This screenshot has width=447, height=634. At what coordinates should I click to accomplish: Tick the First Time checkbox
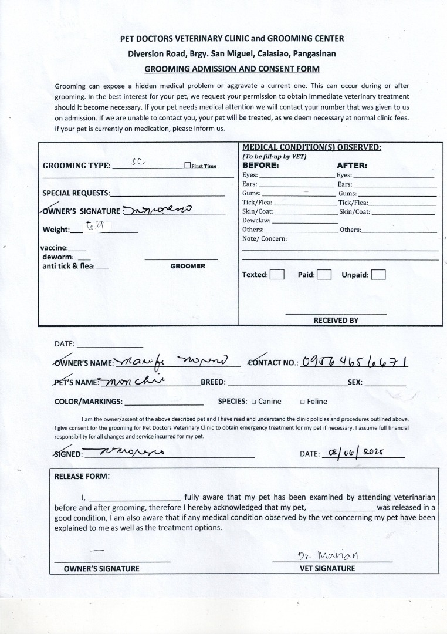point(187,166)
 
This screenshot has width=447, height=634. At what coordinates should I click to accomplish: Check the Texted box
point(277,275)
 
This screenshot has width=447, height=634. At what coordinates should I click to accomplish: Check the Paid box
point(324,275)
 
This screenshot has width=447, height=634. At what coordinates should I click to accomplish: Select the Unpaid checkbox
point(378,275)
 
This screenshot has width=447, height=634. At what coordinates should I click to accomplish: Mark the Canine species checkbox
point(253,402)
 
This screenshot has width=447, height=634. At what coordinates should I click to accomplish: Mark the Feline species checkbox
point(302,402)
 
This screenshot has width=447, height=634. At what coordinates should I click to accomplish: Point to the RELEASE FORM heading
point(82,476)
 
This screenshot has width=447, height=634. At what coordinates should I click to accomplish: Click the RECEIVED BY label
point(336,321)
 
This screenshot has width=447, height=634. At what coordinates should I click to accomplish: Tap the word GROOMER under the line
point(188,266)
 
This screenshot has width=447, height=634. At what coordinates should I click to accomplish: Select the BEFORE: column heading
point(260,166)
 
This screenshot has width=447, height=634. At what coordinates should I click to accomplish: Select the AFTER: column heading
point(352,166)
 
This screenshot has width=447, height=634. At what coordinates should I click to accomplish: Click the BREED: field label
point(213,382)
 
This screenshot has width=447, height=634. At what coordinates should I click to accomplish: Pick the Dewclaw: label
point(256,220)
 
